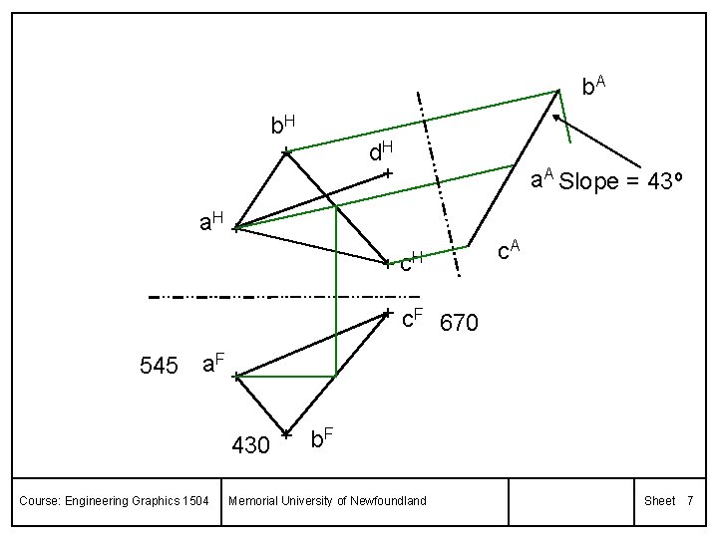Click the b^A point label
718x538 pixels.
[594, 86]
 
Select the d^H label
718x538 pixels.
[380, 151]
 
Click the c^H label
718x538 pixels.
[412, 264]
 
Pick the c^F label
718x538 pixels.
[413, 321]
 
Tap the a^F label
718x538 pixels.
[212, 363]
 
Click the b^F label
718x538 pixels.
[321, 437]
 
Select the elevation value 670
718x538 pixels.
[460, 324]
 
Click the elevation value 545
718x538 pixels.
[160, 367]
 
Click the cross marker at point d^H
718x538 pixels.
[388, 174]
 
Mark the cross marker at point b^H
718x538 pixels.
[285, 151]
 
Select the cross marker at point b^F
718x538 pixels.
[286, 434]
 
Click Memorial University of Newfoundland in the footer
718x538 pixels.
[328, 500]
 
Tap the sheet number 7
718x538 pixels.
[689, 500]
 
